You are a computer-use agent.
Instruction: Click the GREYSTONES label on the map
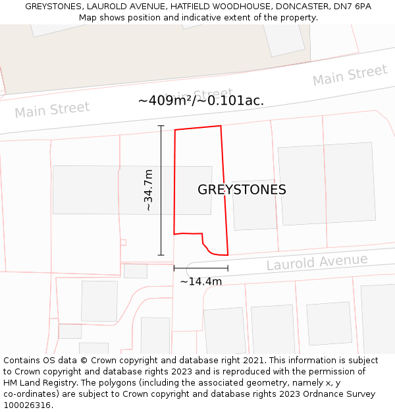242,190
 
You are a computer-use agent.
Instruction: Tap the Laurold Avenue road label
317,262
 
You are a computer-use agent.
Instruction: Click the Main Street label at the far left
52,109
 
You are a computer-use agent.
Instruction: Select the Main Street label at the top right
350,75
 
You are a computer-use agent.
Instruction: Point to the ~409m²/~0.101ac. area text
201,101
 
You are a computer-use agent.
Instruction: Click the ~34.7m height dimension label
149,191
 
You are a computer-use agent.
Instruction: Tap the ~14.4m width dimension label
201,281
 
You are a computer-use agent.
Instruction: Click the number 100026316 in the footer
26,405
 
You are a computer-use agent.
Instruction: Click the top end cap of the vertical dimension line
161,125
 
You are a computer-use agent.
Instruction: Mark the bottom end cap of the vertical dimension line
161,255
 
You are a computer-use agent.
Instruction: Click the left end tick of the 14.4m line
174,268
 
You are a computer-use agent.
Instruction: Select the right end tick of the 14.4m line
228,268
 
